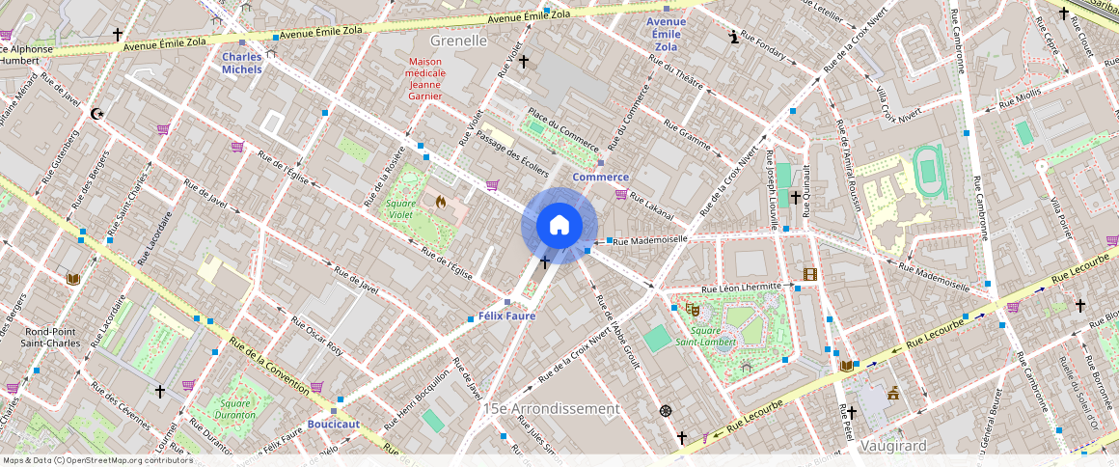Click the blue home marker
tap(559, 225)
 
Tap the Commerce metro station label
tap(600, 177)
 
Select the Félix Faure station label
tap(506, 316)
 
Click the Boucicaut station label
tap(333, 424)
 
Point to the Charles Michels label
tap(241, 63)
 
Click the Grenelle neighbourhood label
tap(459, 41)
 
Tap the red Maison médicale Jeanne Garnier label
tap(425, 79)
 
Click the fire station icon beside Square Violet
tap(441, 203)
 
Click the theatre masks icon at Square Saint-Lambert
tap(692, 310)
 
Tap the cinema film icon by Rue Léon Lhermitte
tap(808, 275)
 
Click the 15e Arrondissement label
tap(552, 408)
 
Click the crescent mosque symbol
tap(96, 114)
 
